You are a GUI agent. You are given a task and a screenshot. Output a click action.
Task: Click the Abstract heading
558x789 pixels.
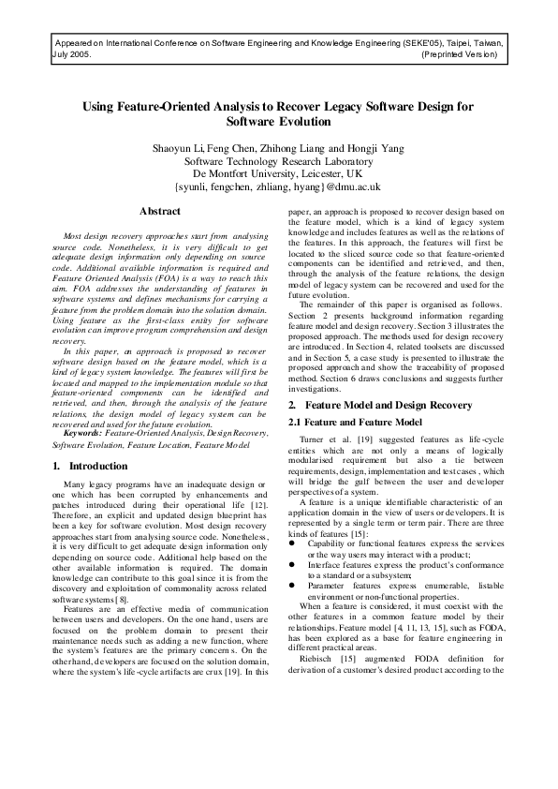tap(159, 212)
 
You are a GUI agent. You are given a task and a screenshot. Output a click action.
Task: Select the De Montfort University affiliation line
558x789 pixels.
tap(278, 173)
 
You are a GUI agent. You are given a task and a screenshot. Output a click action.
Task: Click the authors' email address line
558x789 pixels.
tap(278, 186)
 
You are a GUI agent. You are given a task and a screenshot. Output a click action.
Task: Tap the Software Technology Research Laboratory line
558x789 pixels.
tap(278, 161)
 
